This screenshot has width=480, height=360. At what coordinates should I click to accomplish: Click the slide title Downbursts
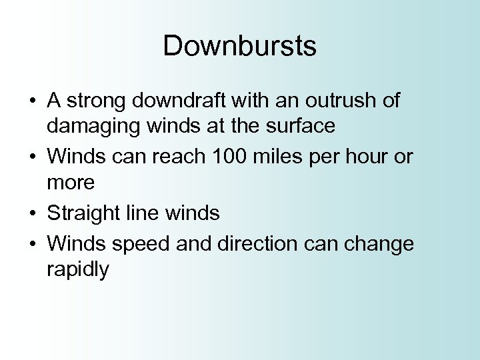click(x=240, y=47)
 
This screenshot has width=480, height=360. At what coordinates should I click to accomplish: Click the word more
click(x=71, y=181)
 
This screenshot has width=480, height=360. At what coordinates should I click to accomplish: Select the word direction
click(x=257, y=245)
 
